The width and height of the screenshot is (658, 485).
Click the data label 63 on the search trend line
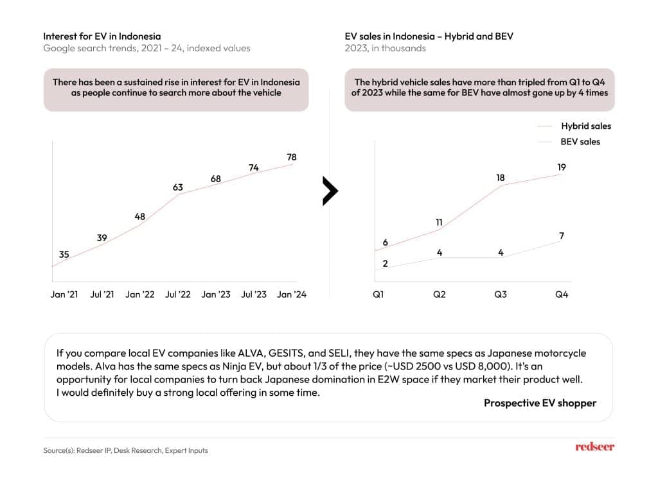tap(178, 187)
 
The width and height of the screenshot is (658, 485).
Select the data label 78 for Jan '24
tap(291, 157)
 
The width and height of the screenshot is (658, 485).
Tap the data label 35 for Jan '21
tap(64, 255)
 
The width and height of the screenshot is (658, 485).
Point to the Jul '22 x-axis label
tap(178, 294)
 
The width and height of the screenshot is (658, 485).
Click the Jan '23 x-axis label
tap(216, 294)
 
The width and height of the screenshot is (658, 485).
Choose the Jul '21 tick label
tap(102, 294)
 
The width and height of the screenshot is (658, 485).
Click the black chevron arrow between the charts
tap(330, 191)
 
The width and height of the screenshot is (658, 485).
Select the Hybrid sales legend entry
tap(585, 126)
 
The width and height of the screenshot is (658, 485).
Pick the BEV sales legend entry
tap(580, 142)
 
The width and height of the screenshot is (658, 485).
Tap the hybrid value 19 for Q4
tap(562, 167)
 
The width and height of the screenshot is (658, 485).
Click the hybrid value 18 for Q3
tap(501, 177)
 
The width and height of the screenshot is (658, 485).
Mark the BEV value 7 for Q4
tap(562, 236)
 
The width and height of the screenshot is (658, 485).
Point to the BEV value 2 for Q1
tap(386, 263)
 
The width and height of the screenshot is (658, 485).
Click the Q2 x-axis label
tap(440, 294)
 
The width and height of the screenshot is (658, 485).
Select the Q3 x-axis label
tap(501, 294)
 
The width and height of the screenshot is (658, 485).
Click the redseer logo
tap(594, 447)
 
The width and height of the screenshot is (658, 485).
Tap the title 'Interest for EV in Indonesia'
tap(102, 36)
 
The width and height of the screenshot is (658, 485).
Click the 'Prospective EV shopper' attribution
tap(540, 403)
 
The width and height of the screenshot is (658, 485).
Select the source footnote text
tap(126, 450)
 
